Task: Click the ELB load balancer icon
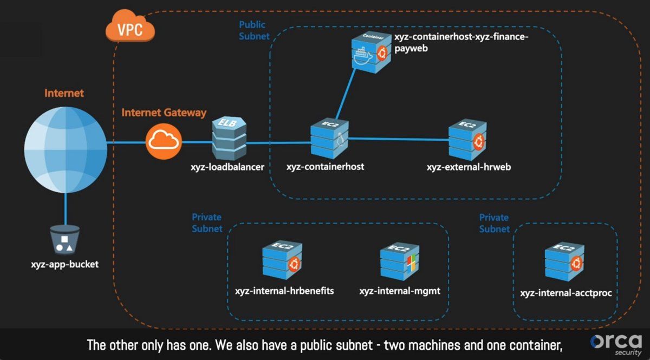point(228,138)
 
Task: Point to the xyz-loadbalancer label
point(228,167)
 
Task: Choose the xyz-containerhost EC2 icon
point(329,139)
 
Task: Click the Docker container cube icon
point(370,52)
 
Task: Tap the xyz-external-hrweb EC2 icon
point(467,139)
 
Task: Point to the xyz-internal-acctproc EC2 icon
point(564,263)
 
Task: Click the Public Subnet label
point(254,30)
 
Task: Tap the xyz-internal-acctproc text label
point(566,293)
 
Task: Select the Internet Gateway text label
point(164,113)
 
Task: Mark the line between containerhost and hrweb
point(398,139)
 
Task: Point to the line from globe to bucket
point(66,208)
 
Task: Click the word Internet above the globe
point(64,93)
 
